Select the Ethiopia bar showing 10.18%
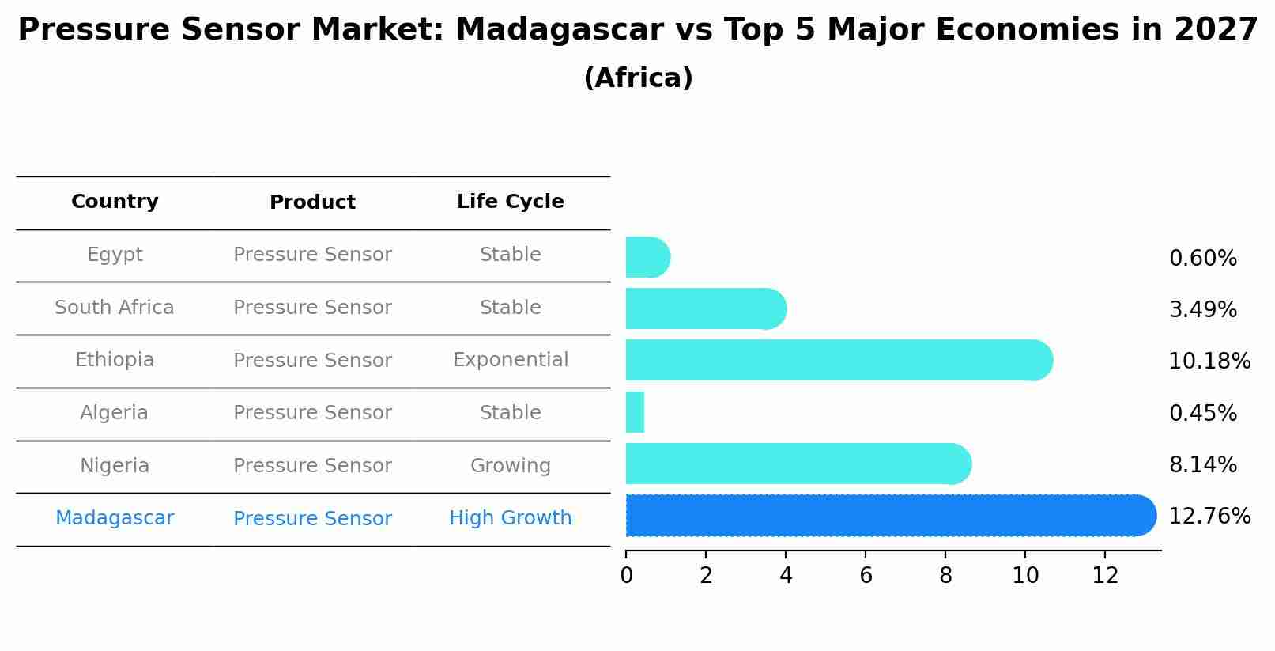(838, 361)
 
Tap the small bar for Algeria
(635, 412)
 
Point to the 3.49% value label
(1202, 310)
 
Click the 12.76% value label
(1209, 517)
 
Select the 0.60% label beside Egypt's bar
(1202, 259)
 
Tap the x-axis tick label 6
(866, 576)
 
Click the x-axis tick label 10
(1025, 576)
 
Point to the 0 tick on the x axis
(626, 576)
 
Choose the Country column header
(115, 202)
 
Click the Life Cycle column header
(510, 202)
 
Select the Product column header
(312, 202)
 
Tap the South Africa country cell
(115, 308)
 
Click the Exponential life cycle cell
(510, 360)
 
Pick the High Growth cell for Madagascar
(510, 518)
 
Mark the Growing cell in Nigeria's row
(510, 466)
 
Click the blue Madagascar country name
(115, 518)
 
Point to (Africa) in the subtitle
(638, 78)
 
